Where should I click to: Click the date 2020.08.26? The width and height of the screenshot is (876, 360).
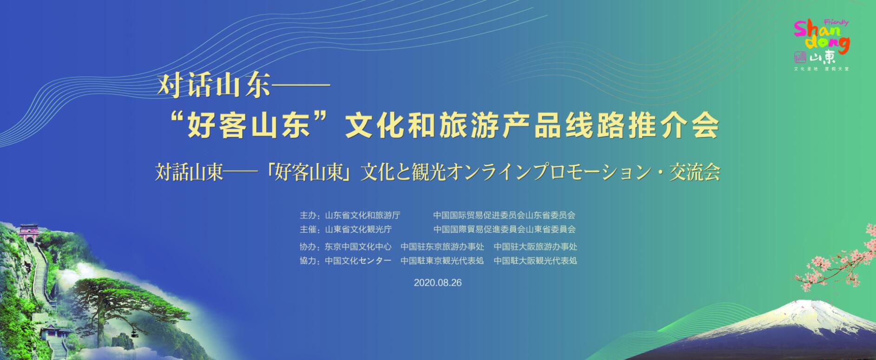tap(438, 282)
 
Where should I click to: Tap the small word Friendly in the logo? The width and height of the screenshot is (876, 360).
tap(836, 22)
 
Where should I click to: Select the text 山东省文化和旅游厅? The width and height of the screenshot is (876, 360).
tap(362, 216)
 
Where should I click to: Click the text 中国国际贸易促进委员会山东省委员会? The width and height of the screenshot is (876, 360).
tap(504, 216)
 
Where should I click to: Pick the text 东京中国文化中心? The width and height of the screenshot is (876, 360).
tap(358, 247)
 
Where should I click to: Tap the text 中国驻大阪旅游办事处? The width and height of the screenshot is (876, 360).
tap(535, 247)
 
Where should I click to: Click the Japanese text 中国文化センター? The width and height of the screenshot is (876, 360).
tap(358, 261)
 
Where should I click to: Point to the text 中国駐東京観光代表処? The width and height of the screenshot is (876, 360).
tap(442, 261)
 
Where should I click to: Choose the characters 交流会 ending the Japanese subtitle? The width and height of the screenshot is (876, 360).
tap(694, 172)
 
